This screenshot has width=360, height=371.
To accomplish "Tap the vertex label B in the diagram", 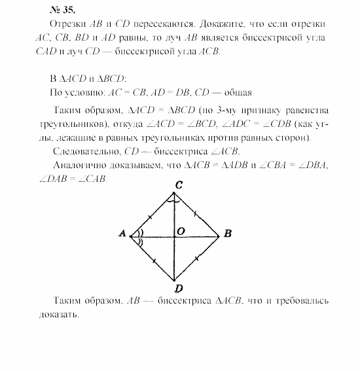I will [x=226, y=234].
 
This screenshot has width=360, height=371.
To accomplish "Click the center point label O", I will [x=181, y=231].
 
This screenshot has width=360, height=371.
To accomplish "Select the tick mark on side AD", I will [x=154, y=260].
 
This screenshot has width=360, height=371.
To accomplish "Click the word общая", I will [x=238, y=92].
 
